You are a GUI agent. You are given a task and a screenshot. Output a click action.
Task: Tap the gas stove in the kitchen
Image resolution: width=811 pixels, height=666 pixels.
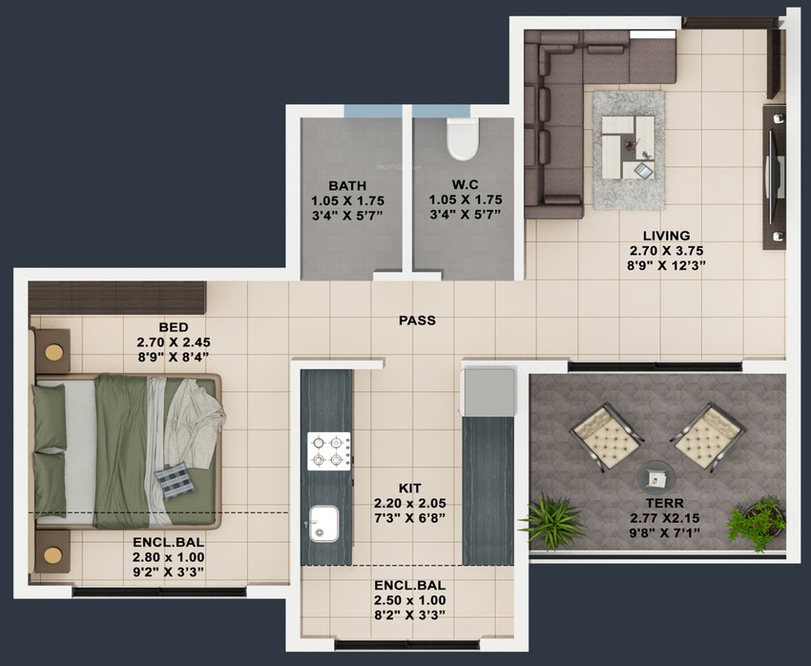coord(329,451)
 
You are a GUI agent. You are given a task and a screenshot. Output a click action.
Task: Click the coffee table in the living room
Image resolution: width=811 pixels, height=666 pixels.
coord(628,148)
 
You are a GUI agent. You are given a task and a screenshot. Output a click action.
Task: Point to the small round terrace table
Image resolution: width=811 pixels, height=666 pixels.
coord(656,476)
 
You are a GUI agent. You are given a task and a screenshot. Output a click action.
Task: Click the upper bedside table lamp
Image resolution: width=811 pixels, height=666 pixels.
coord(54,351)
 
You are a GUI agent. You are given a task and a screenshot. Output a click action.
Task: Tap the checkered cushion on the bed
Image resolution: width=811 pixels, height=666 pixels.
coord(175,480)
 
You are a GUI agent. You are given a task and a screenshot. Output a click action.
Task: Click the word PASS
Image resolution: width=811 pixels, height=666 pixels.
coord(417,321)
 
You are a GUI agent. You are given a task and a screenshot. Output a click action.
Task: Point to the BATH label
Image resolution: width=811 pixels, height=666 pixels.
coord(347,186)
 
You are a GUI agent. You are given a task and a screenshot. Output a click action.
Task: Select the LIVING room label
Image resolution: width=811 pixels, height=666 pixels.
coord(665,235)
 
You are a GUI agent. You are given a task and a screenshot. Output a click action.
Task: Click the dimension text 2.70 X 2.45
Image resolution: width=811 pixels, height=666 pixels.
coord(173,342)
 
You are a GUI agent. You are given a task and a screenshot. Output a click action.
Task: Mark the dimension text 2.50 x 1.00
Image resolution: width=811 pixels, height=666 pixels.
coord(410,600)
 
